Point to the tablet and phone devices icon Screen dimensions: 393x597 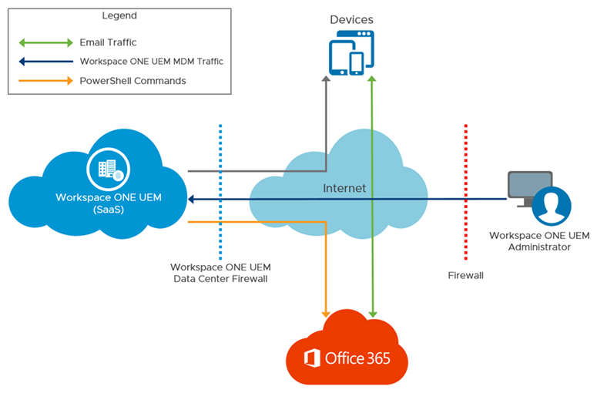click(x=352, y=53)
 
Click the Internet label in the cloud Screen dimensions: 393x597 click(x=344, y=188)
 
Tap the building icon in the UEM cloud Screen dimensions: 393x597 click(x=106, y=169)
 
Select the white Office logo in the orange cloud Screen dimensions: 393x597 click(x=312, y=358)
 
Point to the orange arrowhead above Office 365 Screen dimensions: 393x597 click(x=327, y=311)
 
